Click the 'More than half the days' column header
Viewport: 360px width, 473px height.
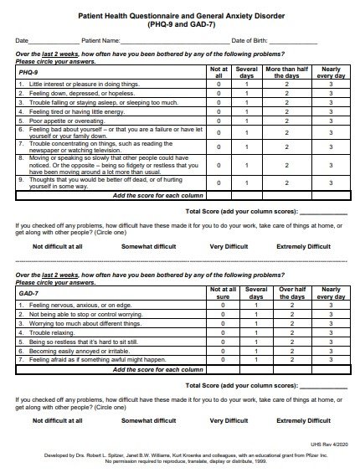(286, 72)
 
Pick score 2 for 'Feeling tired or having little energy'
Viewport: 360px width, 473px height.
(286, 111)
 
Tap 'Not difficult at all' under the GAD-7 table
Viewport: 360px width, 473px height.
(57, 419)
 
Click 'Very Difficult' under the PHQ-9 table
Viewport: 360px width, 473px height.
(229, 247)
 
